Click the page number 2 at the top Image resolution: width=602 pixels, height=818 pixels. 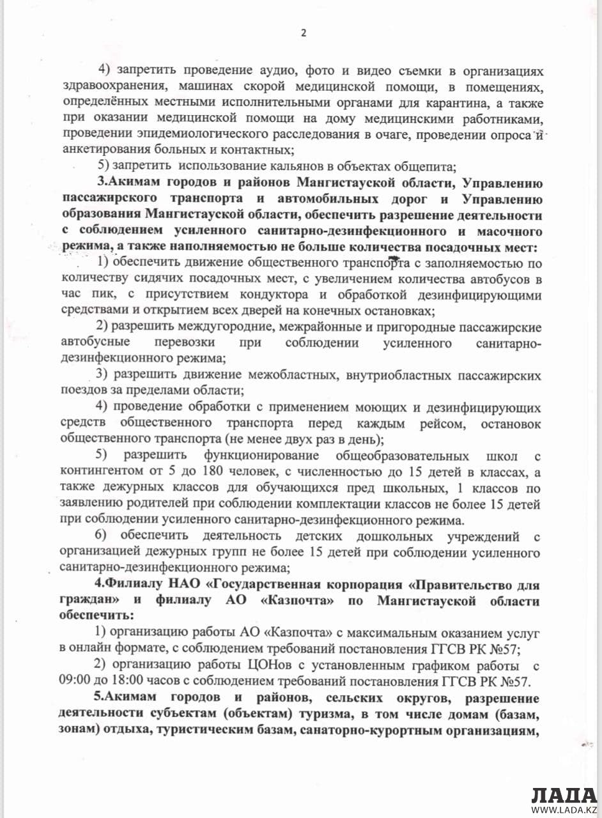(304, 34)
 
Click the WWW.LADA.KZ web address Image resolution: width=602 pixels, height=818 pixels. (564, 811)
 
